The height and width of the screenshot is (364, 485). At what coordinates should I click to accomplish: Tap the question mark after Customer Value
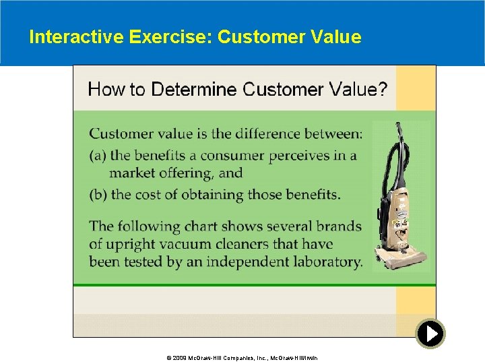coord(382,89)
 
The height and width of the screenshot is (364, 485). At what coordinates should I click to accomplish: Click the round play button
coord(430,333)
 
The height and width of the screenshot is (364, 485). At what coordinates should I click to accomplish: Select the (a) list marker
coord(98,156)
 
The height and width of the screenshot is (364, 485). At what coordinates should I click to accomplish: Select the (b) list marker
coord(98,195)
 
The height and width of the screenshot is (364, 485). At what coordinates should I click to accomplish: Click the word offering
coord(186,173)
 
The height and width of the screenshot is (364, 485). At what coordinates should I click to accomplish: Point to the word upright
coord(129,244)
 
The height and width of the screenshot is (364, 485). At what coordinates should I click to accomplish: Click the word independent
coord(246,262)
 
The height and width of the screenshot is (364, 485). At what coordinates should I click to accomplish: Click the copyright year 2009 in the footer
coord(178,357)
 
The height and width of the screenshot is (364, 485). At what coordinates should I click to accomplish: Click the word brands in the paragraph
coord(336,226)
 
